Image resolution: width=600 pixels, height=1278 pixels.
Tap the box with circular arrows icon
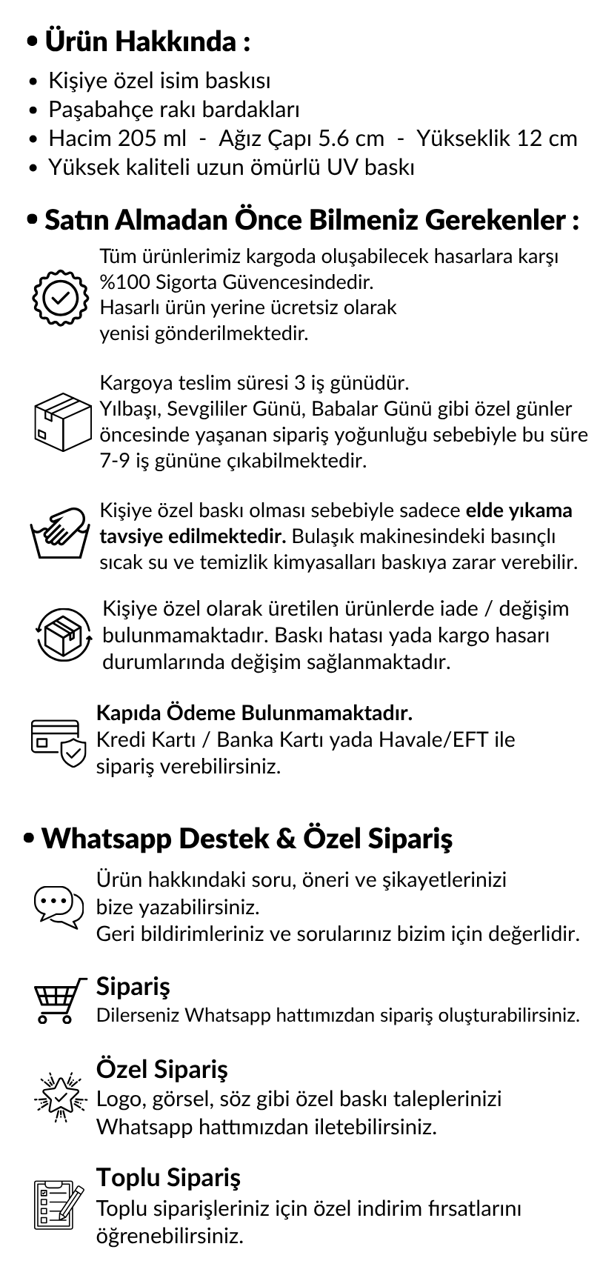pos(64,633)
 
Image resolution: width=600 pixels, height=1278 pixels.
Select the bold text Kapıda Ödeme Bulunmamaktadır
pos(254,713)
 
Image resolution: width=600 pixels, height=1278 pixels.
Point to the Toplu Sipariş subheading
pos(168,1177)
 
